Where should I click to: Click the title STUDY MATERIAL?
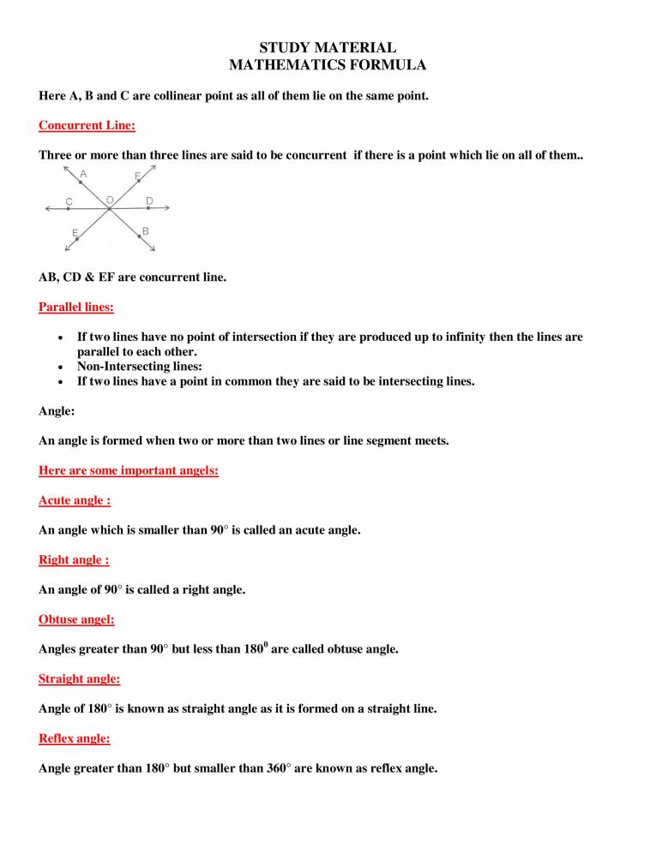pos(328,48)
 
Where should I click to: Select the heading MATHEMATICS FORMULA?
pos(328,64)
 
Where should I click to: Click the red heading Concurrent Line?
pos(87,125)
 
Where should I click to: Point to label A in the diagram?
pos(82,174)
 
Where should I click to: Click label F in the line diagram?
pos(137,176)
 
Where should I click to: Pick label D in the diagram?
pos(149,200)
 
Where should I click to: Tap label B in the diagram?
pos(146,231)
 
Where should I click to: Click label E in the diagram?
pos(75,233)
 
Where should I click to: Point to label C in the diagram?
pos(69,202)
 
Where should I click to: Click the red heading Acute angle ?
pos(75,500)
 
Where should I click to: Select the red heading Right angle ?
pos(74,560)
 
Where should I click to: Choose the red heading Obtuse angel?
pos(76,619)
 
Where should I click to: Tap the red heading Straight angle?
pos(79,679)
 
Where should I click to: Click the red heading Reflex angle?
pos(75,738)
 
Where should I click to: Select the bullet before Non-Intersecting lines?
pos(58,367)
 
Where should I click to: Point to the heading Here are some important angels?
pos(129,470)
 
